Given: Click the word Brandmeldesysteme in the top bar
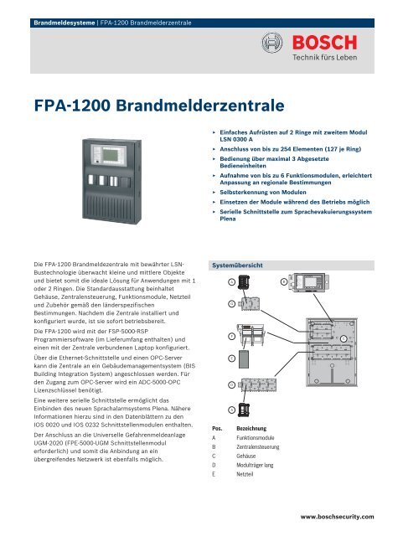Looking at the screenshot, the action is click(x=57, y=12).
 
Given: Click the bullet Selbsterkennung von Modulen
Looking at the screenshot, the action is click(x=267, y=192).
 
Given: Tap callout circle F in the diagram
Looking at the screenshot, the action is click(x=230, y=334).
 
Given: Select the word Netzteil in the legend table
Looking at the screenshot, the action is click(x=248, y=473).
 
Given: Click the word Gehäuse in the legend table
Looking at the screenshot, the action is click(x=249, y=461).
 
